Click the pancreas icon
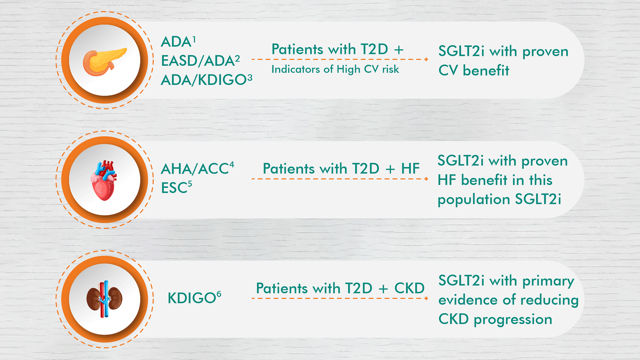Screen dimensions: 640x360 (x=105, y=62)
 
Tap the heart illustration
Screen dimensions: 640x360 (x=104, y=180)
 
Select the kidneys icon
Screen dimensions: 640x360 (x=105, y=299)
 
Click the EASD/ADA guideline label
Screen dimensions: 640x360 (x=200, y=61)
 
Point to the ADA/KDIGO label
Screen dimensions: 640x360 (x=206, y=80)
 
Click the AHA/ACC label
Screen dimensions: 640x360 (x=197, y=169)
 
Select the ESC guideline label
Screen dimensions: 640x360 (x=176, y=187)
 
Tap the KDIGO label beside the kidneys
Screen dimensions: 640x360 (x=194, y=298)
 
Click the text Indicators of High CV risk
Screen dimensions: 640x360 (x=335, y=69)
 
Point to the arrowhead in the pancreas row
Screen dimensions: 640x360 (x=426, y=59)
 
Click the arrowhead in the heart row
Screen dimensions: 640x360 (x=426, y=179)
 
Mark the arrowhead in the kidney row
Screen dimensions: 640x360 (x=426, y=298)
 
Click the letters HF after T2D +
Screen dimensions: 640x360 (x=410, y=169)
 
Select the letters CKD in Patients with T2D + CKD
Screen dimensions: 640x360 (x=410, y=288)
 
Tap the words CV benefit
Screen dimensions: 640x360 (x=474, y=70)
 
